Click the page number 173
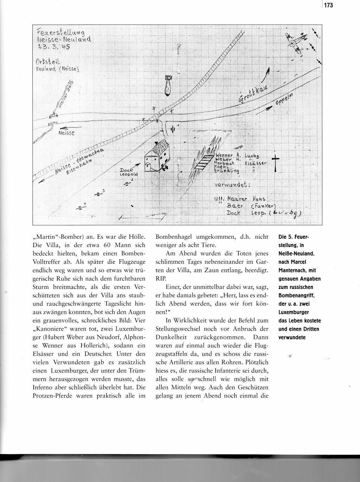pos(328,5)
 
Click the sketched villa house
pos(157,156)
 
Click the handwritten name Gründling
pos(227,171)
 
